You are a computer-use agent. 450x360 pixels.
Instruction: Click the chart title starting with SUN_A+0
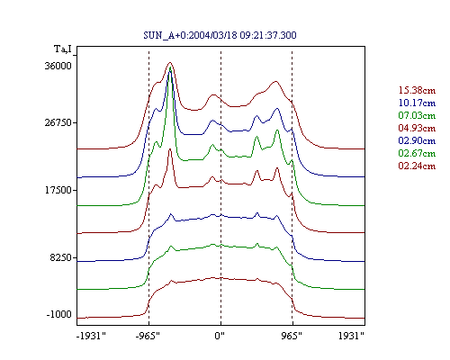click(x=220, y=35)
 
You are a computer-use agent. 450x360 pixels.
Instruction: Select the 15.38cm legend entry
click(x=417, y=90)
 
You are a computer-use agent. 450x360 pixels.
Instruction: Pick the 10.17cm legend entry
click(x=417, y=103)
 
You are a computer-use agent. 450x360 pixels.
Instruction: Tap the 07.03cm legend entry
click(x=417, y=115)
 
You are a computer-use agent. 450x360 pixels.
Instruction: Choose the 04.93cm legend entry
click(x=417, y=128)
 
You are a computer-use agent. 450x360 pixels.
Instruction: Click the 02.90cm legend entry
click(x=417, y=140)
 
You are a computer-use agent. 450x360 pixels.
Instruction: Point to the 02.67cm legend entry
click(x=417, y=153)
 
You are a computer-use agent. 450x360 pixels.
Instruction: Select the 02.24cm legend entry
click(x=417, y=166)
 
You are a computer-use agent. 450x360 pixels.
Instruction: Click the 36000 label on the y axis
click(x=58, y=66)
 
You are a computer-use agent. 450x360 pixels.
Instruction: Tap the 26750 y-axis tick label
click(x=58, y=122)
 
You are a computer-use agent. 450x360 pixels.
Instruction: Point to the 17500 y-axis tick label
click(x=58, y=190)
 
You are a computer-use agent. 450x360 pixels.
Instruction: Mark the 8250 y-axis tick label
click(x=61, y=257)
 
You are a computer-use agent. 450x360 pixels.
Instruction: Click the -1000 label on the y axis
click(x=59, y=314)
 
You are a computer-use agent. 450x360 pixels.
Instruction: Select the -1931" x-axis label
click(x=91, y=336)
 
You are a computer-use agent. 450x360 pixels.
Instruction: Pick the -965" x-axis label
click(x=148, y=336)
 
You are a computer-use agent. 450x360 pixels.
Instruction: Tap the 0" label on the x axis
click(x=220, y=336)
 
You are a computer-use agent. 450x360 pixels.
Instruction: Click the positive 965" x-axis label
click(x=292, y=336)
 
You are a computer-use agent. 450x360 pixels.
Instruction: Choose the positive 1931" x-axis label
click(x=351, y=336)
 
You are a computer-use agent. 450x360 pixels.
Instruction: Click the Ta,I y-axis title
click(x=63, y=49)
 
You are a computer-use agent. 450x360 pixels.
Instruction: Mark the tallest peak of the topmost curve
click(x=170, y=63)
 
